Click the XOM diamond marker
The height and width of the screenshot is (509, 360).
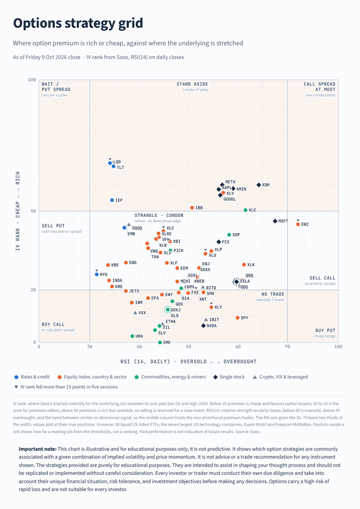click(x=258, y=185)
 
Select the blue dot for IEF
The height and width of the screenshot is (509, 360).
click(x=112, y=200)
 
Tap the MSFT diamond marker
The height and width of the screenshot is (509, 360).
click(x=275, y=221)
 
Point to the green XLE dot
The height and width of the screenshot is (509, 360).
click(x=246, y=210)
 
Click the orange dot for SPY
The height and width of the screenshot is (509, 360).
click(x=238, y=318)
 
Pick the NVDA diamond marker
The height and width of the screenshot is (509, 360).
click(x=203, y=326)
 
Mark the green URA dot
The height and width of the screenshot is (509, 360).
click(x=132, y=336)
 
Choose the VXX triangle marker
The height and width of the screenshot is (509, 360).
click(x=135, y=313)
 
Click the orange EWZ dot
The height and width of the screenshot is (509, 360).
click(x=298, y=224)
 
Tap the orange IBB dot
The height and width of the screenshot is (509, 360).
click(x=192, y=208)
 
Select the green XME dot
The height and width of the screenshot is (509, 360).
click(x=160, y=342)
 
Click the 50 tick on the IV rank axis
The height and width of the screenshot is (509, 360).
click(x=33, y=211)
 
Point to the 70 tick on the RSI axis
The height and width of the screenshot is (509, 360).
click(x=287, y=346)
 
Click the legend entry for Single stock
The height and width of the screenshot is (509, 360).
click(x=229, y=377)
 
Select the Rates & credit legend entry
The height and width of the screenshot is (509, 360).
click(x=32, y=377)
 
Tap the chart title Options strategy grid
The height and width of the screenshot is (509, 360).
click(x=78, y=23)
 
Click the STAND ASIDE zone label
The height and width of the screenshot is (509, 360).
click(x=192, y=84)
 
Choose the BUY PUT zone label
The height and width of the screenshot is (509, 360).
click(x=325, y=330)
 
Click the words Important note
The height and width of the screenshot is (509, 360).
click(x=37, y=449)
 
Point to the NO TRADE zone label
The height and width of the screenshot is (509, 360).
click(x=273, y=294)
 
